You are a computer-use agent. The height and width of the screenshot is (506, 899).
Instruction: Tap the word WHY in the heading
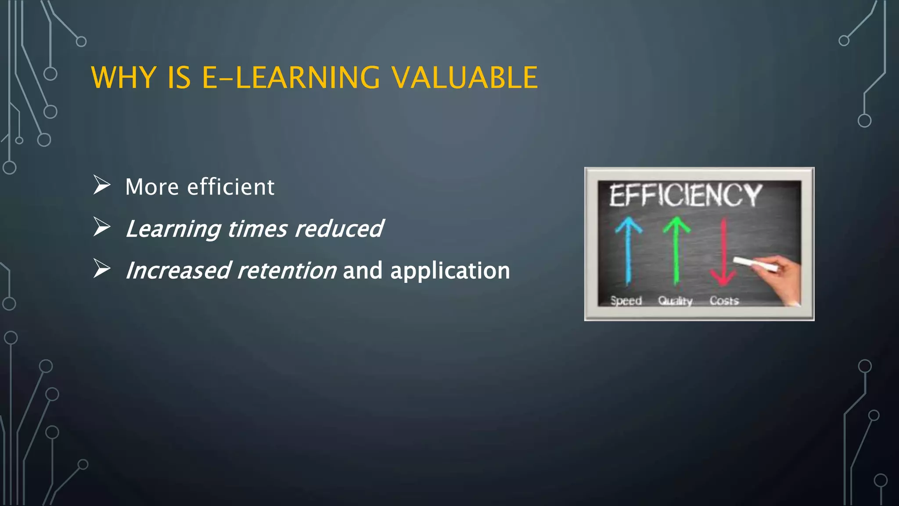[x=123, y=78]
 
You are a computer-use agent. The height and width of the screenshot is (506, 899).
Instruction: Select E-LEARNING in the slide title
[x=291, y=78]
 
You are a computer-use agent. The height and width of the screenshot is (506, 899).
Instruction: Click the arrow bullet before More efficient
[x=102, y=185]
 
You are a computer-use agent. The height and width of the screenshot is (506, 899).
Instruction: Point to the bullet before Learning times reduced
[x=102, y=227]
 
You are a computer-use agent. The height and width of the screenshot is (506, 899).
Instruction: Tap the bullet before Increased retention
[x=102, y=269]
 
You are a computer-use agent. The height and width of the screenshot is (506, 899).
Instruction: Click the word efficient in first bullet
[x=230, y=187]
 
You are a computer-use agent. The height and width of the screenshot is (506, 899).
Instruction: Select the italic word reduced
[x=339, y=228]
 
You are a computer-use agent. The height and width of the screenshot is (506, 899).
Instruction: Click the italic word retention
[x=287, y=270]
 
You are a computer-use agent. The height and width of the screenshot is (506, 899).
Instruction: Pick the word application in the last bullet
[x=450, y=270]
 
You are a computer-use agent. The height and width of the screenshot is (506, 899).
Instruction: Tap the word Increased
[x=178, y=270]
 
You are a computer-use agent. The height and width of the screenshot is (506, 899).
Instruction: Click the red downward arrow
[x=723, y=253]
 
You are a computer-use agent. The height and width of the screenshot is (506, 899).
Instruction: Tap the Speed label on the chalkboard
[x=626, y=301]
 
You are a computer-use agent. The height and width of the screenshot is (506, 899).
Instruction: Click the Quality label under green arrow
[x=675, y=301]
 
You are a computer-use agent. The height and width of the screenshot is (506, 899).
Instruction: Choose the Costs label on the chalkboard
[x=724, y=301]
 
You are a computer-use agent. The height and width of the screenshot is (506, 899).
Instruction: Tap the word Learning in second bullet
[x=173, y=228]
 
